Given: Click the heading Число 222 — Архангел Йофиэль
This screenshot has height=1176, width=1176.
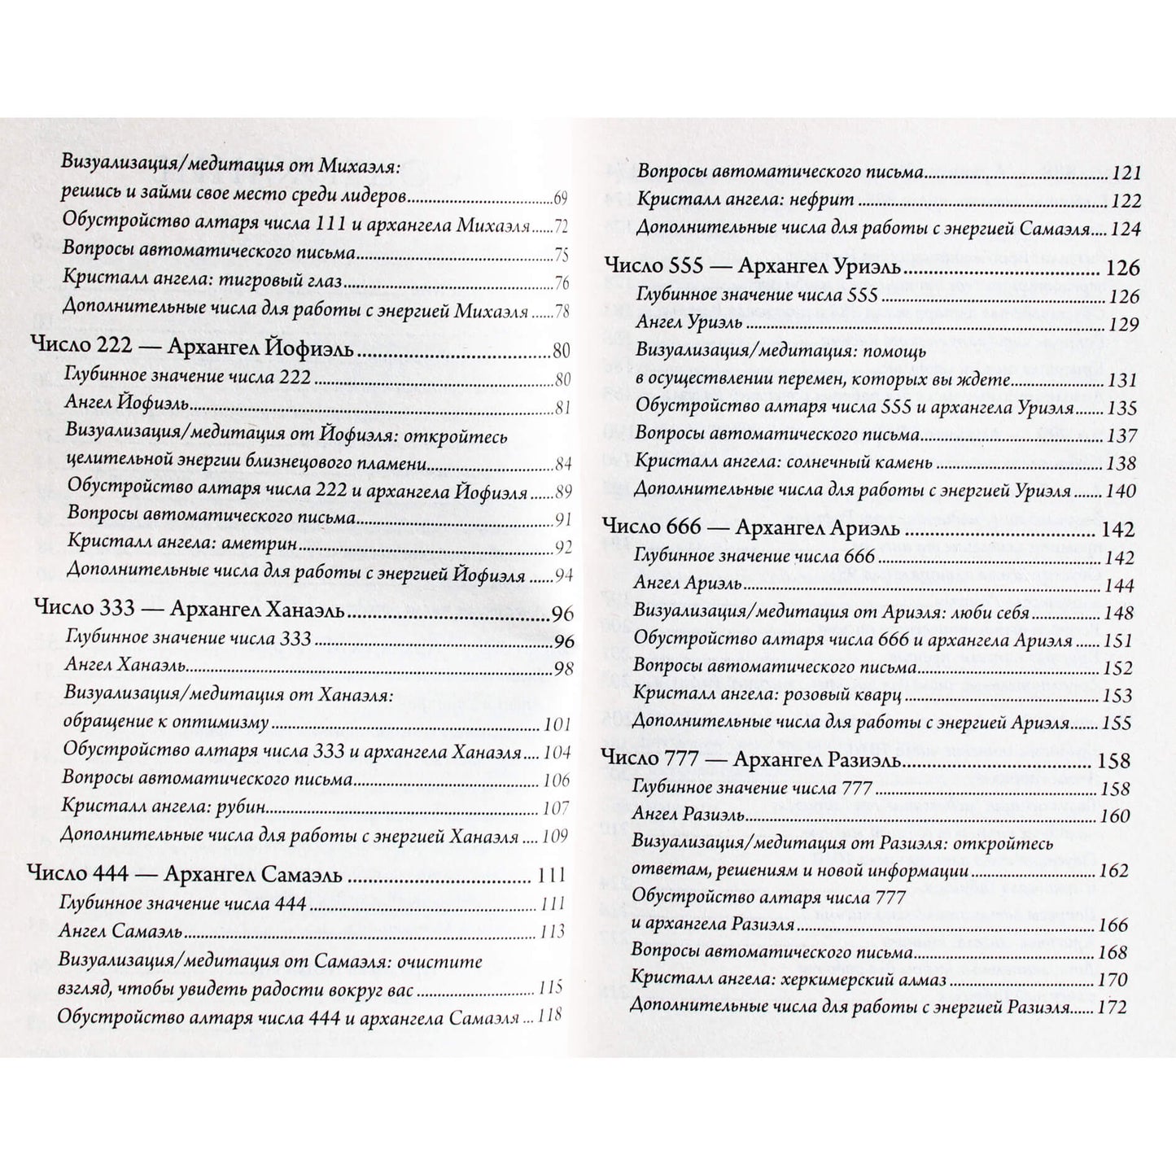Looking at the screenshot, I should [192, 351].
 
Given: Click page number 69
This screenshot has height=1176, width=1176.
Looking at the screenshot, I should [560, 199].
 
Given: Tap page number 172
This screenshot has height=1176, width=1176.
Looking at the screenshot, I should [1113, 1008].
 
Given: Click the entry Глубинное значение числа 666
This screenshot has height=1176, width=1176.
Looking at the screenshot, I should [754, 557].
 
